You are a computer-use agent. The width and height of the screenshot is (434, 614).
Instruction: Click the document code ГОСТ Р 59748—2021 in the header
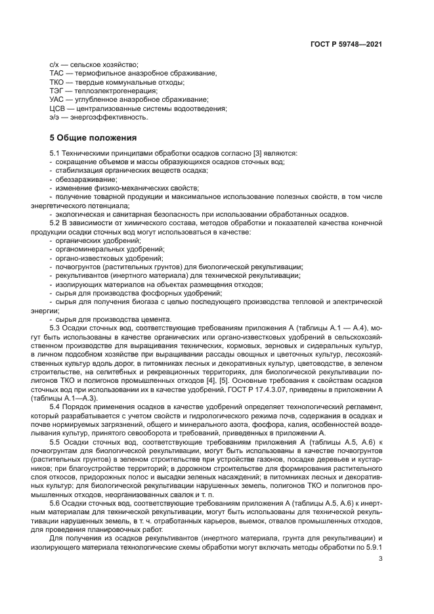[x=346, y=44]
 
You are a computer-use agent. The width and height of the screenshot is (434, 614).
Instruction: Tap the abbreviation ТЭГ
[x=56, y=91]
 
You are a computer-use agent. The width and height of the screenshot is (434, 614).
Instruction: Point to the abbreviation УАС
[x=56, y=99]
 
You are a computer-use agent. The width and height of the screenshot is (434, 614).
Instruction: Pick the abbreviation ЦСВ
[x=57, y=108]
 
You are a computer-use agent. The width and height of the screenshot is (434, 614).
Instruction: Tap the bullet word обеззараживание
[x=81, y=179]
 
